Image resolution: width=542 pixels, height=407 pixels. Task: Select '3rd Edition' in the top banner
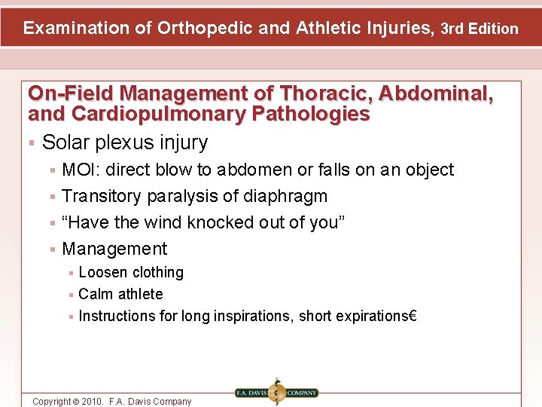(x=480, y=29)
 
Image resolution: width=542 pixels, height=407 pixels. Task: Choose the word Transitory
(x=102, y=196)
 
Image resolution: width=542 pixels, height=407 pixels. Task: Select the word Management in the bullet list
(x=114, y=249)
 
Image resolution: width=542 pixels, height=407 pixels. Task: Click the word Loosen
(x=102, y=272)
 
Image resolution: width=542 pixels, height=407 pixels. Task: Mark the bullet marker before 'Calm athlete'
(x=70, y=295)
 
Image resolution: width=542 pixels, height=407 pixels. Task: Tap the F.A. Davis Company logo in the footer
(x=276, y=393)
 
